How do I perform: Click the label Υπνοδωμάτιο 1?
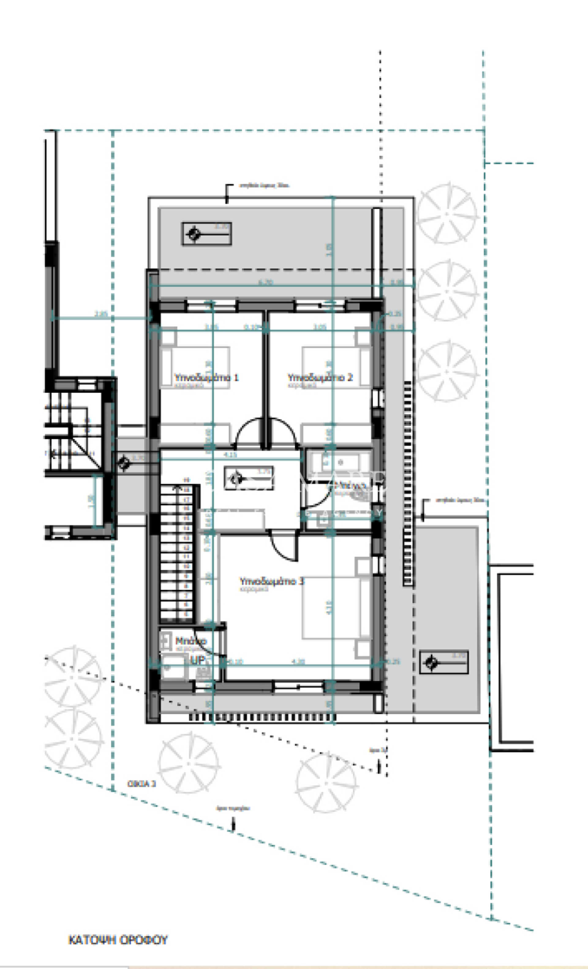coord(206,377)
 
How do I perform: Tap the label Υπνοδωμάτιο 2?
coord(320,377)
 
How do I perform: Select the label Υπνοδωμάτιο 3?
coord(272,581)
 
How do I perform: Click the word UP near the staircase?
coord(197,660)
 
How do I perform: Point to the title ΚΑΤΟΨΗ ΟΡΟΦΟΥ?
coord(118,940)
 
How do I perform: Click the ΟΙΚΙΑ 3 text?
coord(141,784)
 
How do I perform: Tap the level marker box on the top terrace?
coord(206,234)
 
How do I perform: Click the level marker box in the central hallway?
coord(248,478)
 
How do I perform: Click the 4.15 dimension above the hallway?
coord(230,455)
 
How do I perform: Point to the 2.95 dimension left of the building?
coord(101,314)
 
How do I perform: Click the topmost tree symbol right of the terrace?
coord(447,213)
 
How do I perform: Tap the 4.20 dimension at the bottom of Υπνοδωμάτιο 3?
coord(298,661)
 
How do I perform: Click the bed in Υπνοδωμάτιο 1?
coord(195,367)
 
